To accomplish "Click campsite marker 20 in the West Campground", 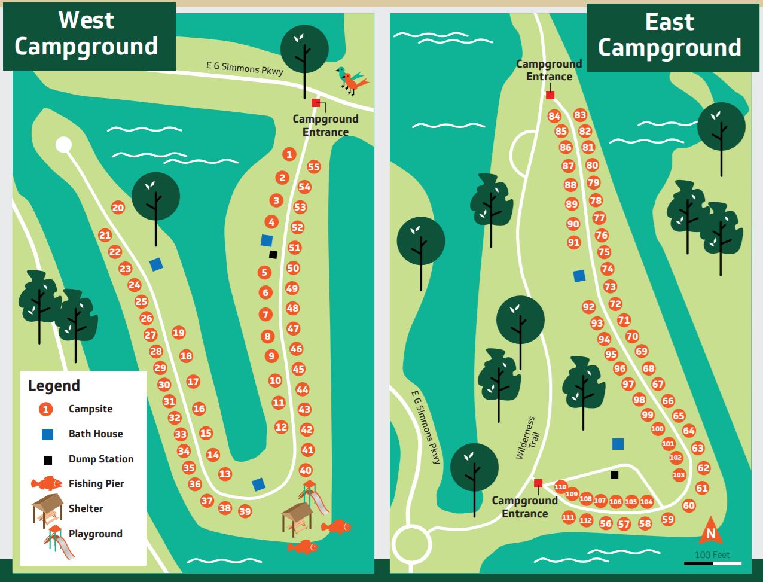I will coord(118,208).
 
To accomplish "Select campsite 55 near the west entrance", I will coord(313,167).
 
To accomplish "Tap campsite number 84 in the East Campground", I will coord(554,117).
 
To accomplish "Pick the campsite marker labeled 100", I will coord(658,429).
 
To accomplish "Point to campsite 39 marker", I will coord(245,511).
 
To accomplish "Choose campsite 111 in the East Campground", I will coord(568,518).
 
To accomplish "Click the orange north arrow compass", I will coord(710,531).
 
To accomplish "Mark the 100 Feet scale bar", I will coord(712,563).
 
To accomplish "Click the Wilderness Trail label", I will coord(525,438).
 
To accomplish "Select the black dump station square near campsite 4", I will coord(273,255).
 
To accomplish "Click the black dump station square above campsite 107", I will coord(614,475).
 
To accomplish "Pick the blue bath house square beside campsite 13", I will coord(258,485).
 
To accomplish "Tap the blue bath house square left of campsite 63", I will coord(618,444).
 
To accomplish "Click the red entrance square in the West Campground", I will coord(316,103).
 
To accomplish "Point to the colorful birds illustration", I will coord(352,81).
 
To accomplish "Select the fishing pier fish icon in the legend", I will coord(47,483).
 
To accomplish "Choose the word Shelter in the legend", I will coord(86,509).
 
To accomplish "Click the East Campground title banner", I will coord(669,35).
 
